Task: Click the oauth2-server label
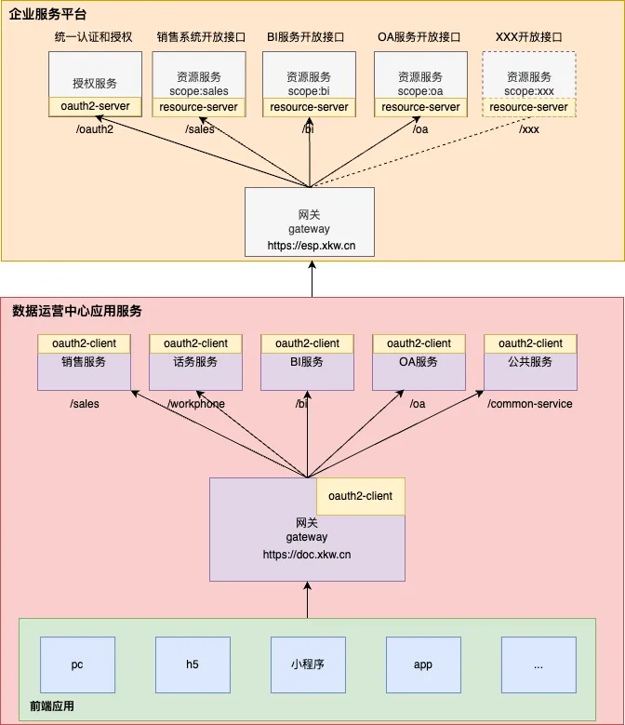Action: click(x=95, y=107)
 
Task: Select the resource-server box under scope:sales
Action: click(x=198, y=107)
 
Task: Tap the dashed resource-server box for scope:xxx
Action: click(x=528, y=107)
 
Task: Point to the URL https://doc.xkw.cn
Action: click(x=307, y=555)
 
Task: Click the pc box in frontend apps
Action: click(x=77, y=665)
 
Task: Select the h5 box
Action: click(x=193, y=665)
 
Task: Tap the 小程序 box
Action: click(x=307, y=665)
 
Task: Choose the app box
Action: click(x=423, y=665)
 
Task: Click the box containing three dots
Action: click(x=538, y=665)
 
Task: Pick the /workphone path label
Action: click(x=196, y=404)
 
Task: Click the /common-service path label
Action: click(x=530, y=404)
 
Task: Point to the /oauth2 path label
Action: click(x=94, y=129)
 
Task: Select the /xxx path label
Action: click(x=528, y=129)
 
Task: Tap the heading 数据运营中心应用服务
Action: click(x=77, y=311)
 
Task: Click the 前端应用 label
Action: click(x=51, y=706)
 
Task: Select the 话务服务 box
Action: click(x=195, y=362)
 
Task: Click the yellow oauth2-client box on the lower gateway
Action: click(x=361, y=496)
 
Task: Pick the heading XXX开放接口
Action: click(x=529, y=37)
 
